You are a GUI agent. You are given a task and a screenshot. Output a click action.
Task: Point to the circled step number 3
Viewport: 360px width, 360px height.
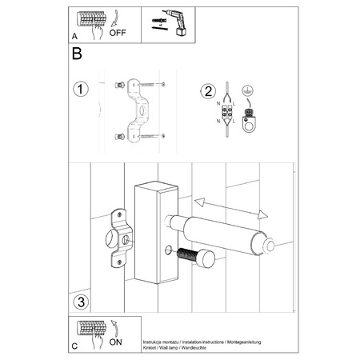pos(79,302)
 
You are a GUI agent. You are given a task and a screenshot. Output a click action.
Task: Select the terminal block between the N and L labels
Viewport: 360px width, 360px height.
pos(227,113)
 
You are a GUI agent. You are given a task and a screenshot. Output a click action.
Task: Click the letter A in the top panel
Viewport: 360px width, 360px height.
pos(75,36)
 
